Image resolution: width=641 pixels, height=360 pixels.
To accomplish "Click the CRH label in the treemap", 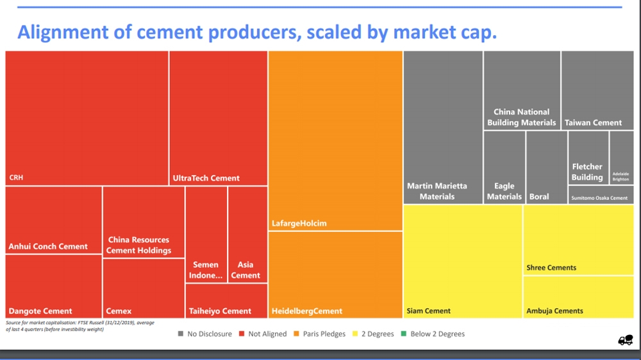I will [16, 177].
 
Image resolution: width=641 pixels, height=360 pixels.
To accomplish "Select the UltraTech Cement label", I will [206, 178].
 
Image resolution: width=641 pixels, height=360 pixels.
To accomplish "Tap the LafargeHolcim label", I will [299, 224].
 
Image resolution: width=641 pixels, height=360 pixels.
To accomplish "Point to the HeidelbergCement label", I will [306, 311].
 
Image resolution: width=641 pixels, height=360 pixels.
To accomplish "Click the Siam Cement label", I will [428, 311].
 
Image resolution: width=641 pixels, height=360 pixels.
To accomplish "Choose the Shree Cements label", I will [551, 268].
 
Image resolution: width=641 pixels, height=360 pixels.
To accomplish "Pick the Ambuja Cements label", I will [554, 311].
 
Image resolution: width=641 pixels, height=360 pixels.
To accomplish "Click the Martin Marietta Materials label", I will [437, 191].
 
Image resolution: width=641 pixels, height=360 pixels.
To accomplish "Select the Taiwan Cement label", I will [593, 122].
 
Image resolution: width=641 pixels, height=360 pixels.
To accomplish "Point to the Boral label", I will [539, 197].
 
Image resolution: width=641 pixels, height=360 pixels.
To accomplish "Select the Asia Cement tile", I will [246, 270].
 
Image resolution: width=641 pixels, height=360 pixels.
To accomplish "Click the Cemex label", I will [119, 311].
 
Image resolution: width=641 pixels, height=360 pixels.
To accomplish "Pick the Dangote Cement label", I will [40, 311].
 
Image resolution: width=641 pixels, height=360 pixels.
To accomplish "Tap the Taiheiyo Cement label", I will [220, 311].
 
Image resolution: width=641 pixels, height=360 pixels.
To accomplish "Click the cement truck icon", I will [625, 340].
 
